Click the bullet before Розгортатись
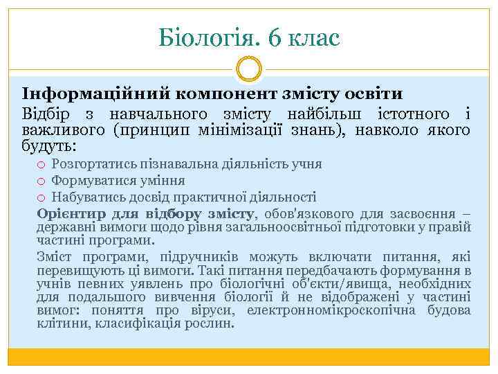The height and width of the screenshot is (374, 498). (41, 164)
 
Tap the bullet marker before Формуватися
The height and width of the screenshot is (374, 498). (41, 181)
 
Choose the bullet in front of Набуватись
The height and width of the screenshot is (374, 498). (41, 197)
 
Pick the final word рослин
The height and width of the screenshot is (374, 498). (215, 323)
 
